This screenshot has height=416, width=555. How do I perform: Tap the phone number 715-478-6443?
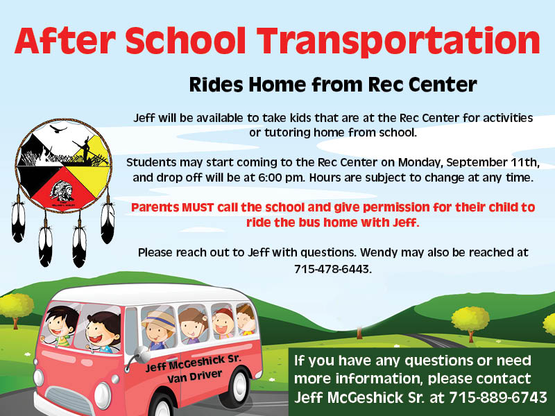click(333, 270)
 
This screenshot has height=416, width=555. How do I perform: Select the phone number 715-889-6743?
click(498, 397)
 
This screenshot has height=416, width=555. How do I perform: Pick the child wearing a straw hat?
click(159, 330)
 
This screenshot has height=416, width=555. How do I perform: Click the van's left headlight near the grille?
click(102, 395)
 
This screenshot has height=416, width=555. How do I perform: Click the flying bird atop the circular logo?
click(58, 129)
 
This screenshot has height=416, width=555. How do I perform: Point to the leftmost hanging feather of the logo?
click(19, 219)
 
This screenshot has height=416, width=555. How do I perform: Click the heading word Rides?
click(217, 85)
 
